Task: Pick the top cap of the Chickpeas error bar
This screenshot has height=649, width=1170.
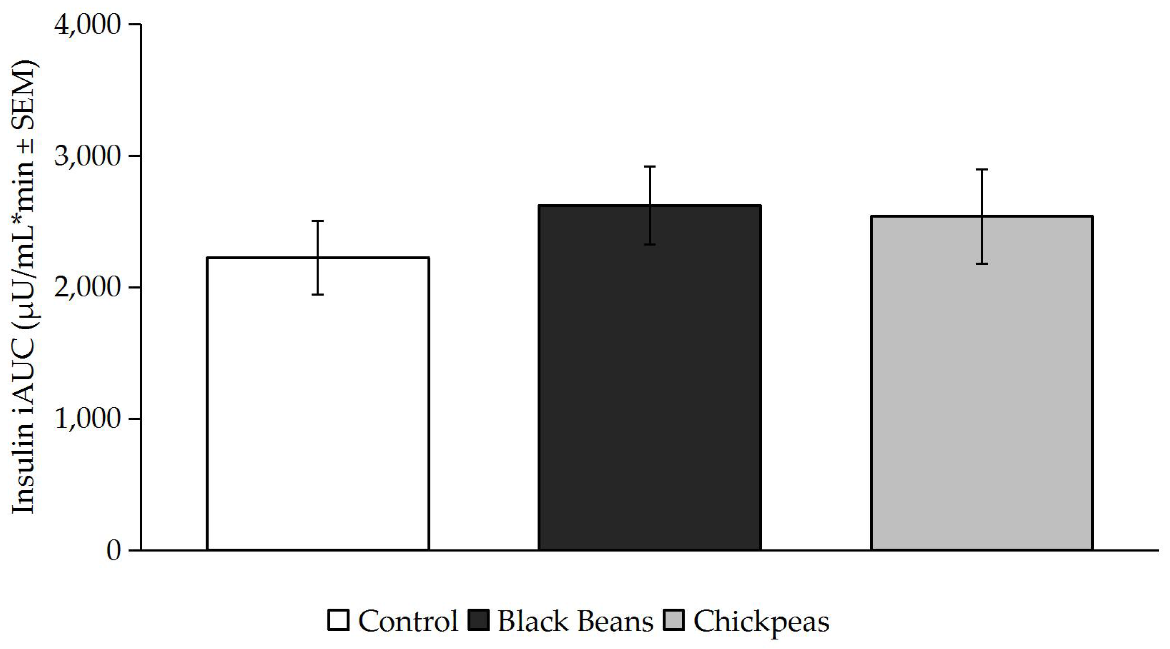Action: [x=982, y=169]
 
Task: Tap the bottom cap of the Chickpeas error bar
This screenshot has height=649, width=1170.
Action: [x=982, y=264]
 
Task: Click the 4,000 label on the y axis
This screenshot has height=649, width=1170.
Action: [x=88, y=25]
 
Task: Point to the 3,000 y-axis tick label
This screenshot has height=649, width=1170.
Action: [x=88, y=156]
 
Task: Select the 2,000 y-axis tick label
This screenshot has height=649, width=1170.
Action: [x=88, y=288]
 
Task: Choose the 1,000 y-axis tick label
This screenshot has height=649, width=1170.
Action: [x=88, y=419]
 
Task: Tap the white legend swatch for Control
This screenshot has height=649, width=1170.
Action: [x=339, y=620]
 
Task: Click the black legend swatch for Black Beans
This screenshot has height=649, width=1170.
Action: [x=478, y=620]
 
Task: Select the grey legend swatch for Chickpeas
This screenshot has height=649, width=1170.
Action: [x=673, y=620]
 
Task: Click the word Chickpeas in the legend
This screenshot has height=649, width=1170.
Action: [x=761, y=621]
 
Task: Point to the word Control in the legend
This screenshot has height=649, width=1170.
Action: [x=408, y=620]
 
